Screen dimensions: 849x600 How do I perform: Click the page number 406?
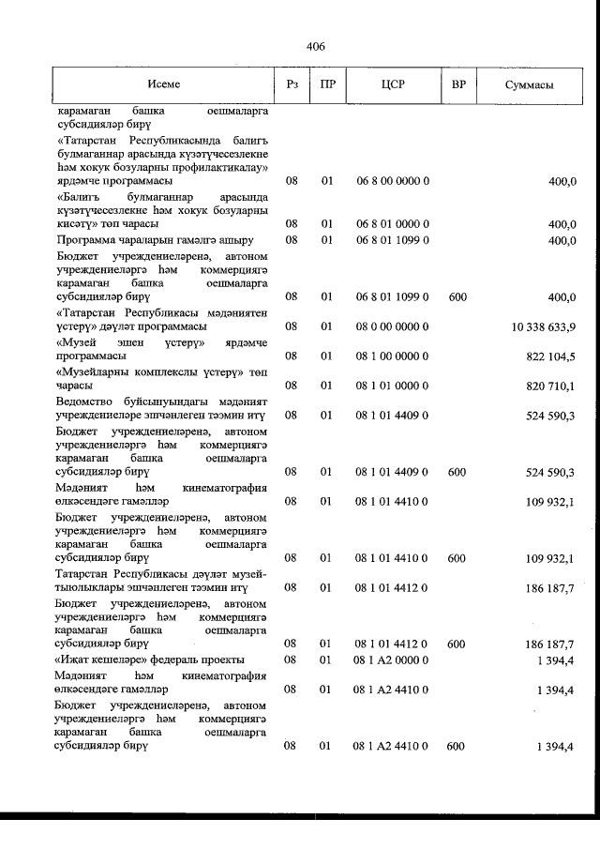point(315,45)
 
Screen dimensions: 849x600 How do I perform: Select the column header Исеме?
point(163,84)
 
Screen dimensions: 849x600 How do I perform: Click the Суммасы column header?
point(529,84)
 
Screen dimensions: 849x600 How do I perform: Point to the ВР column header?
point(458,84)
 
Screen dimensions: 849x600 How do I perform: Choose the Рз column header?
point(292,84)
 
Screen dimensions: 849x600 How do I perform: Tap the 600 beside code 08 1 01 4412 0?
point(457,644)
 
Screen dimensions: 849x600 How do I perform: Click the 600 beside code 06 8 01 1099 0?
point(457,296)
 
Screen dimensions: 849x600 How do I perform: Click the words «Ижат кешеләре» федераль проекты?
point(150,659)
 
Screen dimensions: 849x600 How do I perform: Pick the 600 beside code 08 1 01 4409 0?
point(457,472)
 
